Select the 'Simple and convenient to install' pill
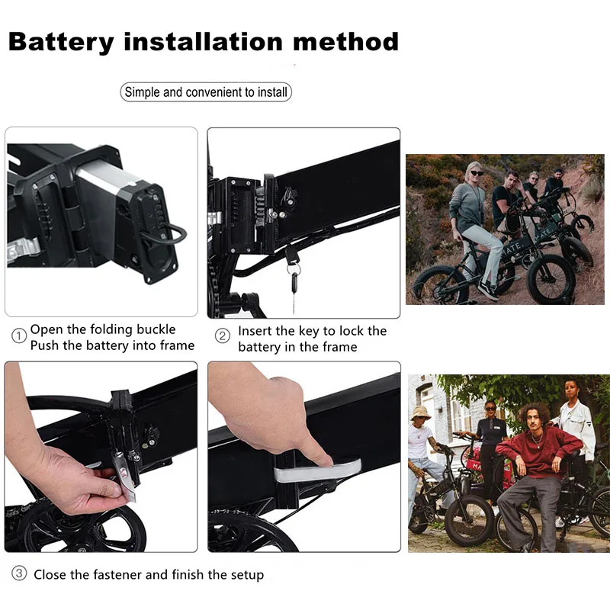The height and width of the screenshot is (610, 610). pos(206,92)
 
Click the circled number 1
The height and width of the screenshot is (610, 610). pos(18,336)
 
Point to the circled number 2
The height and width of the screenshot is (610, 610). pos(223,336)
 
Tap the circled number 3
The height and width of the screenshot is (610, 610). pos(18,573)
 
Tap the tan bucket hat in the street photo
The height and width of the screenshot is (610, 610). pos(420,412)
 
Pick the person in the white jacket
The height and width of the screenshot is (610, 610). pos(576,427)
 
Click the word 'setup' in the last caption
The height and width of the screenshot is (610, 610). pos(246,574)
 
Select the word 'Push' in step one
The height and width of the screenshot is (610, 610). pos(45,345)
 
